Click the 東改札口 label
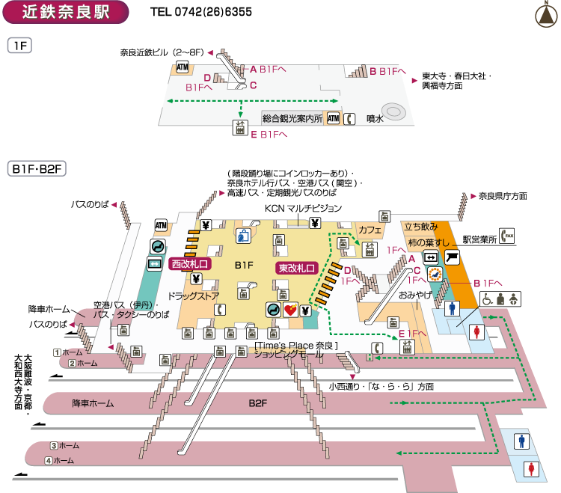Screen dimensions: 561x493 tap(298, 267)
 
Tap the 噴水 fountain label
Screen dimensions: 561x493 tap(375, 118)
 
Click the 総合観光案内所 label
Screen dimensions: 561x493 tap(292, 118)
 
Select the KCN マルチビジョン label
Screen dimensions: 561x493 tap(304, 207)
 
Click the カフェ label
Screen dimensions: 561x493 tap(370, 229)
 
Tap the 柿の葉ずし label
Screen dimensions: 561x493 tap(427, 243)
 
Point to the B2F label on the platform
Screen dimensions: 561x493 tap(258, 402)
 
